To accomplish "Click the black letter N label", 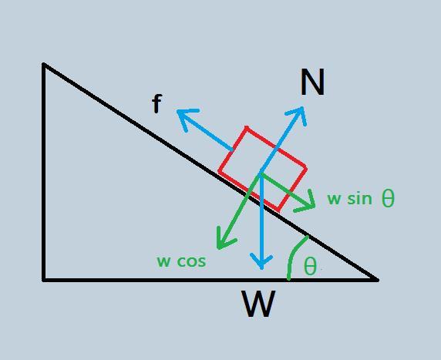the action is tap(312, 82).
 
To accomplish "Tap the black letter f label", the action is tap(157, 103).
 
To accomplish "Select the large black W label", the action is tap(258, 303).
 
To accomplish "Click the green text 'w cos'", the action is tap(181, 261).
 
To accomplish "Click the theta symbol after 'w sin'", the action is tap(389, 198).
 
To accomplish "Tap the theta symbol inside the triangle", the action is tap(310, 266).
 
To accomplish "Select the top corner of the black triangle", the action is tap(44, 65).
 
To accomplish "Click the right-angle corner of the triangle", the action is tap(44, 280).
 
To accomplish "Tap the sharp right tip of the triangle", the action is tap(378, 280).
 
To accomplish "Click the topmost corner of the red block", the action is tap(247, 128).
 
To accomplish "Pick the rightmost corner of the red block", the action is tap(306, 169).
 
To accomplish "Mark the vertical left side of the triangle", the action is tap(44, 172).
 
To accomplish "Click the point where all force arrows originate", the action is tap(261, 173).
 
